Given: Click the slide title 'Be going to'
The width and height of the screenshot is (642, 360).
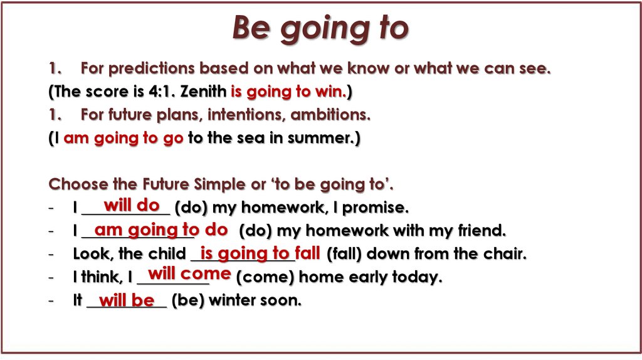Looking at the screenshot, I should pyautogui.click(x=320, y=28).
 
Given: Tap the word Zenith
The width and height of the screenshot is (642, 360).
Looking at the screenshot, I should pyautogui.click(x=203, y=92).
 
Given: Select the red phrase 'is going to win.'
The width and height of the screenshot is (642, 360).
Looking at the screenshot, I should pyautogui.click(x=288, y=92).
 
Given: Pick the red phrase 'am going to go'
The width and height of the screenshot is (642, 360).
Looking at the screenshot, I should pyautogui.click(x=123, y=138).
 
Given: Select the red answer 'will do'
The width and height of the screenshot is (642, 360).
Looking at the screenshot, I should pyautogui.click(x=132, y=205).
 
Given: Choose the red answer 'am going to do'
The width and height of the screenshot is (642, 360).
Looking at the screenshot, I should pyautogui.click(x=160, y=230).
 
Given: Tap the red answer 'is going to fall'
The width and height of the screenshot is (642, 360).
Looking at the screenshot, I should pyautogui.click(x=260, y=253).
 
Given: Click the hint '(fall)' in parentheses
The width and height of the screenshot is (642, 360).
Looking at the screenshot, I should pyautogui.click(x=345, y=254).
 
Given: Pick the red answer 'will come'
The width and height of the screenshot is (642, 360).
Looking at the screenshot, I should pyautogui.click(x=189, y=274).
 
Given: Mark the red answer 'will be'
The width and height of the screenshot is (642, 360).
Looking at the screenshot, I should pyautogui.click(x=127, y=300).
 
